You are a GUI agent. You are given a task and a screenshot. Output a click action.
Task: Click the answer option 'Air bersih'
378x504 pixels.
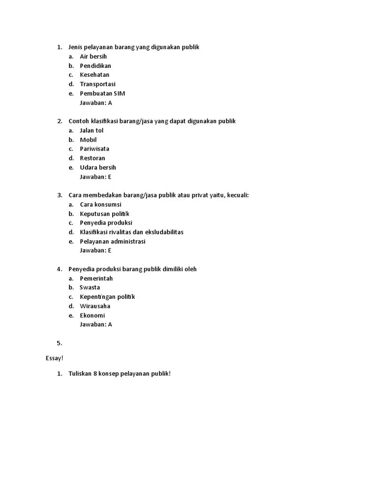(x=93, y=57)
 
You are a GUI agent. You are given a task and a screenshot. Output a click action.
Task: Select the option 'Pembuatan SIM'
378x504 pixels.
(x=102, y=94)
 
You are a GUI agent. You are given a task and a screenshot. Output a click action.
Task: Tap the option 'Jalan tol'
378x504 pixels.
(x=92, y=130)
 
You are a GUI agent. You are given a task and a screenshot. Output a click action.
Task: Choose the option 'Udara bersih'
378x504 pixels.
(x=98, y=167)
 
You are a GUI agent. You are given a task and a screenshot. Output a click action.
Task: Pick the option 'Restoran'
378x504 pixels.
(x=93, y=158)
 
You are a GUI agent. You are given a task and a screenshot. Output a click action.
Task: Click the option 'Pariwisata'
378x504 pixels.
(x=94, y=149)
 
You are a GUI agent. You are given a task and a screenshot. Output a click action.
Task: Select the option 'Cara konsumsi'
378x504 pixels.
(x=100, y=204)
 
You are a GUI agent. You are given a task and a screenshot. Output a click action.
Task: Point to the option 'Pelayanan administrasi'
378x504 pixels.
(x=113, y=241)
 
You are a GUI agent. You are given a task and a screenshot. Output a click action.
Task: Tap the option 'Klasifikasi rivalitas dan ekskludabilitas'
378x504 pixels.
(x=131, y=232)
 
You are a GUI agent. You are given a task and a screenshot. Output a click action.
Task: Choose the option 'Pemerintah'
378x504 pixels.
(x=96, y=279)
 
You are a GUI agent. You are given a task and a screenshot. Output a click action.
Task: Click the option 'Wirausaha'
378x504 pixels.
(x=95, y=306)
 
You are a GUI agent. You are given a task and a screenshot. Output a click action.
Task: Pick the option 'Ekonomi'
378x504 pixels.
(x=93, y=315)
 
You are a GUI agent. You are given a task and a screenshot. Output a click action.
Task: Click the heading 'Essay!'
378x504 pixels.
(x=55, y=358)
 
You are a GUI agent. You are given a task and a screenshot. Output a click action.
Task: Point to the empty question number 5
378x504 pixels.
(x=59, y=343)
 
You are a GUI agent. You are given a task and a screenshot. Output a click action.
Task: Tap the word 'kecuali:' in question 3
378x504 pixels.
(x=238, y=195)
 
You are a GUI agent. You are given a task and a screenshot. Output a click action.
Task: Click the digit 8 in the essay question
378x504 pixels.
(x=94, y=374)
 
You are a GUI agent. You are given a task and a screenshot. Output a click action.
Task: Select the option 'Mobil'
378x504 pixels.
(x=88, y=140)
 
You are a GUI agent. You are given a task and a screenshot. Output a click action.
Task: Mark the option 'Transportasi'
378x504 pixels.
(x=97, y=84)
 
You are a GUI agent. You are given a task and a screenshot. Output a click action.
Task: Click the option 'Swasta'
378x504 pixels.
(x=90, y=287)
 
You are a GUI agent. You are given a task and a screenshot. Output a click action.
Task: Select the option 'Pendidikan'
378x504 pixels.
(x=95, y=66)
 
